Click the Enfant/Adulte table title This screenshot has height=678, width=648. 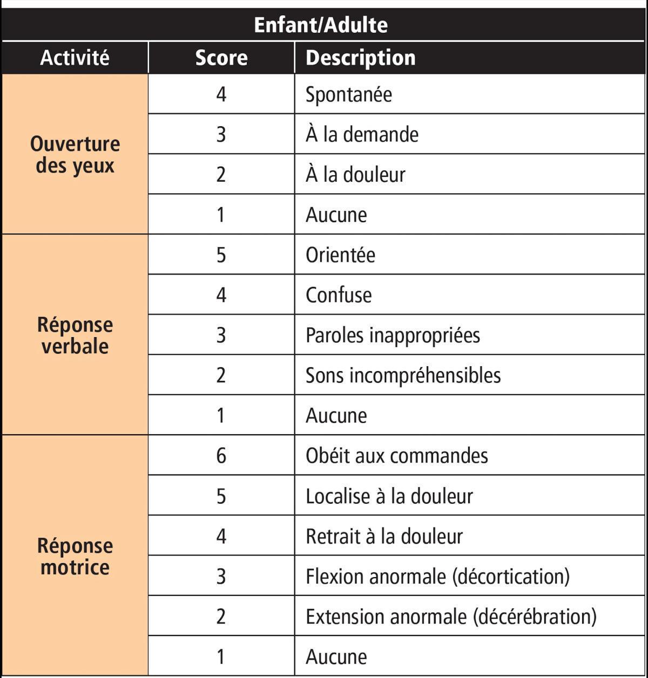pyautogui.click(x=321, y=25)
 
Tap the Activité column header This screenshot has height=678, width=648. pyautogui.click(x=75, y=58)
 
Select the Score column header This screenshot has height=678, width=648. pyautogui.click(x=221, y=58)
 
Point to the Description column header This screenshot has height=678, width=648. pyautogui.click(x=360, y=58)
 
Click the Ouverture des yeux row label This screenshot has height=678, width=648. pyautogui.click(x=75, y=154)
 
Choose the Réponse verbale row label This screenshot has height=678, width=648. pyautogui.click(x=75, y=335)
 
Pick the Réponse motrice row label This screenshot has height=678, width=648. pyautogui.click(x=75, y=556)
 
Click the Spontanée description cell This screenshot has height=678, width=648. pyautogui.click(x=349, y=94)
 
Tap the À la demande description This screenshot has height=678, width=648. pyautogui.click(x=362, y=134)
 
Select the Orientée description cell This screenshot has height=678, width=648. pyautogui.click(x=340, y=255)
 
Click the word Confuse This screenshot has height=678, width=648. pyautogui.click(x=339, y=295)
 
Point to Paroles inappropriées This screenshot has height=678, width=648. pyautogui.click(x=393, y=335)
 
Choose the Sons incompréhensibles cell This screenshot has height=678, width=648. pyautogui.click(x=403, y=375)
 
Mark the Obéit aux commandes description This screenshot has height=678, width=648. pyautogui.click(x=396, y=456)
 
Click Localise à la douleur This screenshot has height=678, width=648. pyautogui.click(x=389, y=496)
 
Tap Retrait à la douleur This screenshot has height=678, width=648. pyautogui.click(x=384, y=536)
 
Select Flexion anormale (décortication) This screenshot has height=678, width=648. pyautogui.click(x=437, y=576)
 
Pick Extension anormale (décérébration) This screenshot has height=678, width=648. pyautogui.click(x=451, y=617)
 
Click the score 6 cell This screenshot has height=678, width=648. pyautogui.click(x=221, y=456)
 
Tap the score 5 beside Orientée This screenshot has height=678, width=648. pyautogui.click(x=221, y=255)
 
